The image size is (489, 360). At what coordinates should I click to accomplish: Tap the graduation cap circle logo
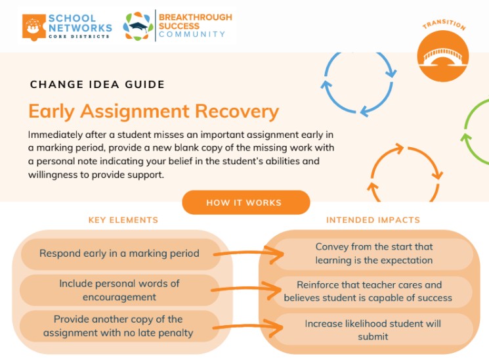click(138, 26)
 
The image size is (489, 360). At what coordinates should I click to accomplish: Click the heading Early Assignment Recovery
click(154, 111)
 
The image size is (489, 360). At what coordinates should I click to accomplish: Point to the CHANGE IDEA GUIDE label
click(97, 85)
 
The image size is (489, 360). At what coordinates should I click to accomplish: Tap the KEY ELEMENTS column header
click(123, 220)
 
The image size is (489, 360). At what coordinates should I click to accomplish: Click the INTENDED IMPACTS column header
click(373, 220)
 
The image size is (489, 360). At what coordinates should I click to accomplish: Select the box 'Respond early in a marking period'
click(119, 253)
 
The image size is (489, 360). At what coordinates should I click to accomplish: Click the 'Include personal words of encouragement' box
click(119, 290)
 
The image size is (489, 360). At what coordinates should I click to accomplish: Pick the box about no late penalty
click(119, 326)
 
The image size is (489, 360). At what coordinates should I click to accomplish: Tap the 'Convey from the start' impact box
click(373, 254)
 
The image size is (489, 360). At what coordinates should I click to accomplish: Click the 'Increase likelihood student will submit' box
click(373, 330)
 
